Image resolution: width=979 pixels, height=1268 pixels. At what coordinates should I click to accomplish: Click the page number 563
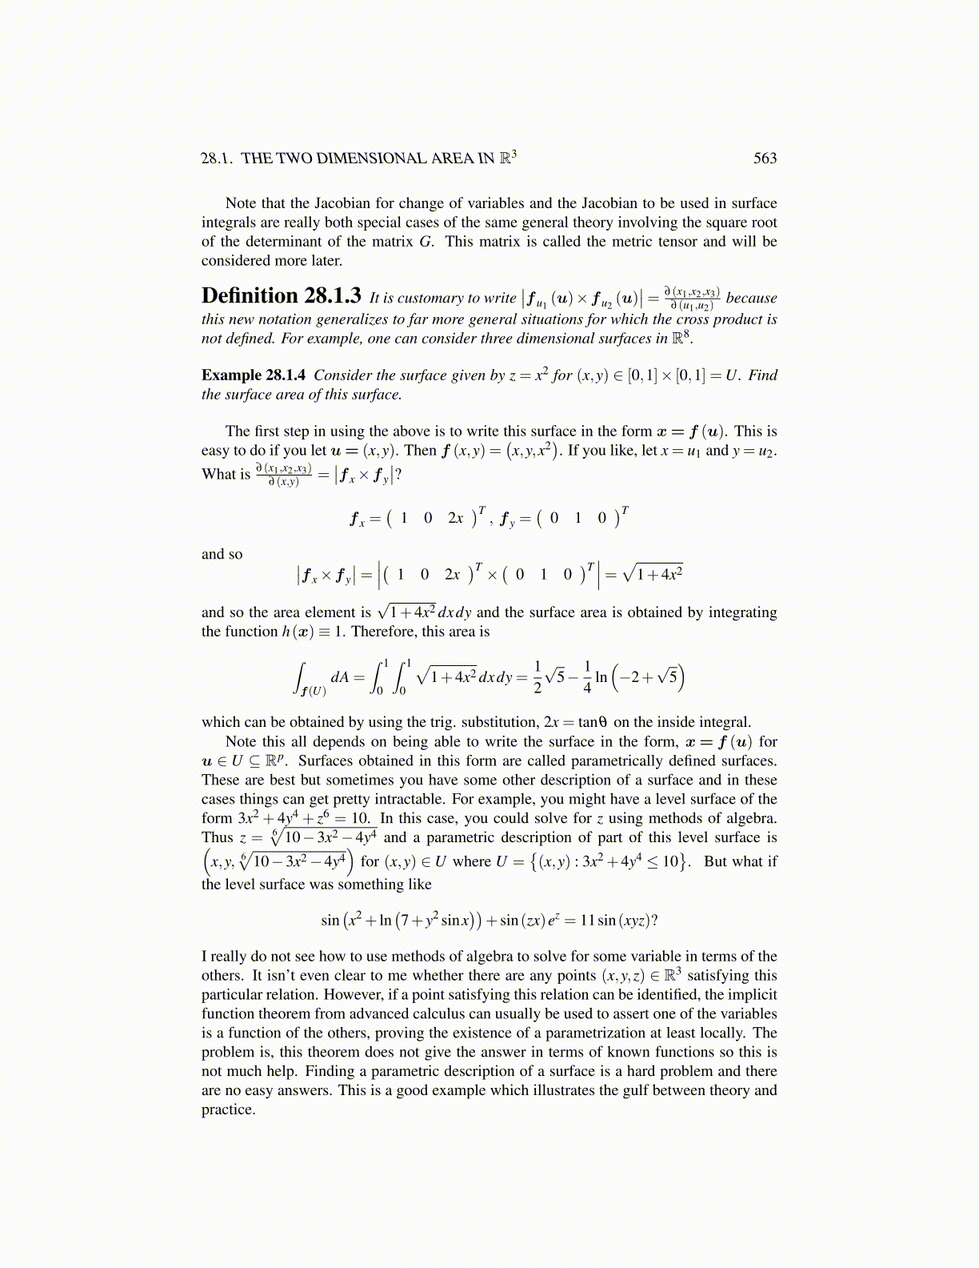(765, 158)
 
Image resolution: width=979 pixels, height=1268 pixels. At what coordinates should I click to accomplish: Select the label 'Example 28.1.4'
(253, 375)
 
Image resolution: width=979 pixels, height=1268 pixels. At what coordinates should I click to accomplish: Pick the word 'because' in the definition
(751, 298)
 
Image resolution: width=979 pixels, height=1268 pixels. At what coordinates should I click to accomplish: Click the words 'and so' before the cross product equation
(222, 555)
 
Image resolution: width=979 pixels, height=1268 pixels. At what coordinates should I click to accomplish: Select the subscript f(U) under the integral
(313, 691)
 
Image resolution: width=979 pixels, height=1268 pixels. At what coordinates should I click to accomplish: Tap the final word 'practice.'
(228, 1109)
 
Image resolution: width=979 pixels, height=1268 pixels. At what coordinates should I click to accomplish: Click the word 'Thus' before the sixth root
(217, 838)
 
